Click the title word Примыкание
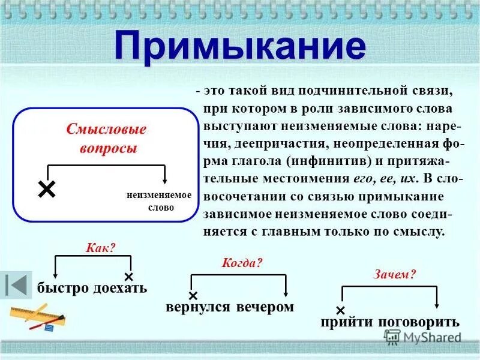tap(239, 46)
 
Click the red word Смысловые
tap(106, 129)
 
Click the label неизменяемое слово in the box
tap(159, 201)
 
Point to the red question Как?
tap(100, 247)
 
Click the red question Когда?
tap(242, 263)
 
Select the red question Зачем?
tap(395, 274)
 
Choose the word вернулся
tap(198, 307)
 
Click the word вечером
tap(265, 307)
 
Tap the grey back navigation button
tap(16, 284)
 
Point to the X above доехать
tap(128, 277)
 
